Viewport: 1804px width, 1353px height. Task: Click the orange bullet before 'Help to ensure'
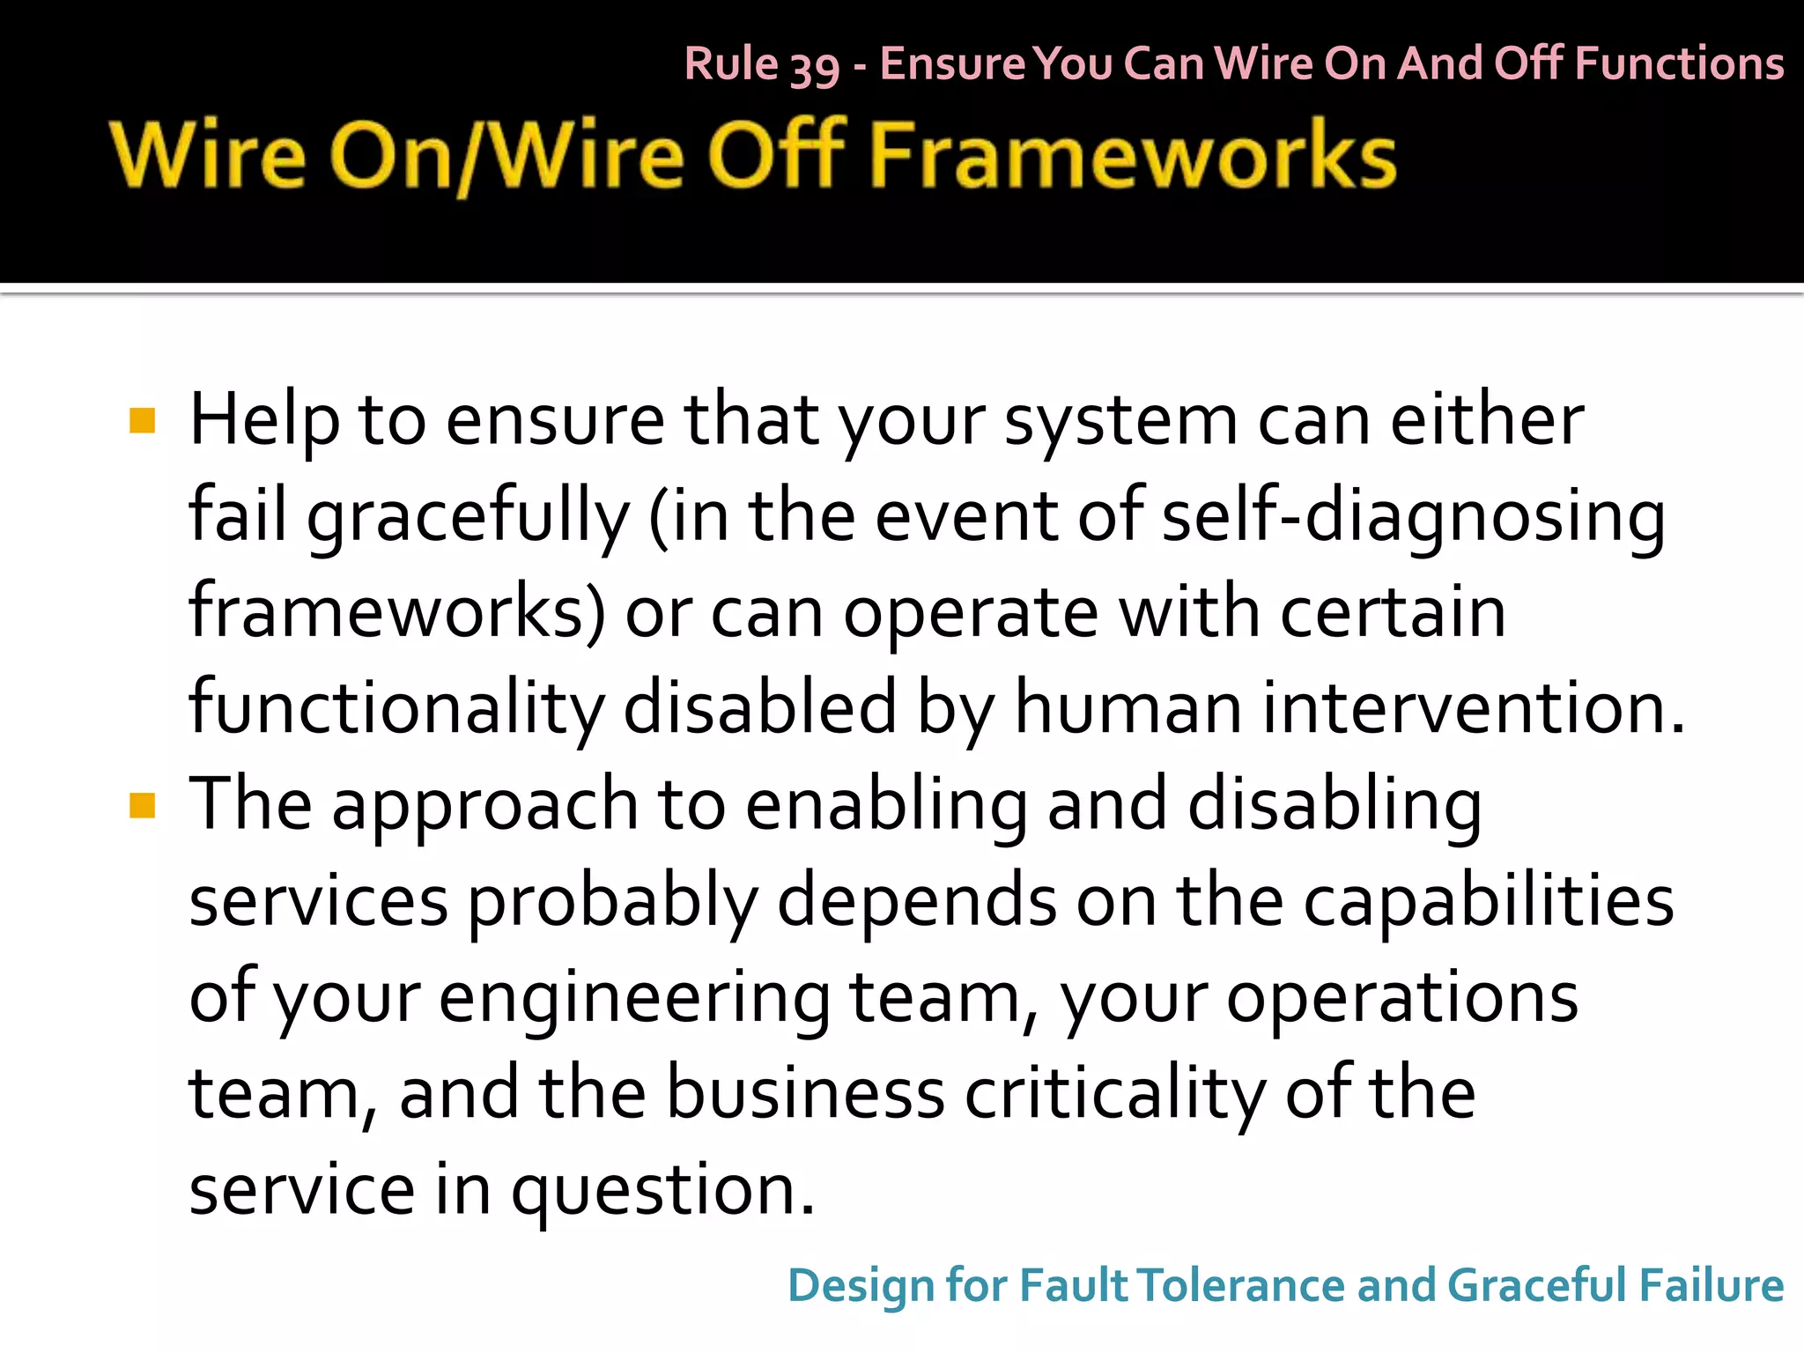pyautogui.click(x=142, y=421)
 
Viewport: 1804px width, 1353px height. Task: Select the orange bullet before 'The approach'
pyautogui.click(x=142, y=805)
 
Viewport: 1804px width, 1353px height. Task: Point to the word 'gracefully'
pyautogui.click(x=468, y=518)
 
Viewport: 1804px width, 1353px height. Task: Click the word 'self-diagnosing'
pyautogui.click(x=1413, y=518)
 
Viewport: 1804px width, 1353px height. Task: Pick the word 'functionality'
pyautogui.click(x=396, y=709)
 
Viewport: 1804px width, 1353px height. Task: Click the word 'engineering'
pyautogui.click(x=634, y=999)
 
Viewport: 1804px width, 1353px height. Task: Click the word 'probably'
pyautogui.click(x=612, y=904)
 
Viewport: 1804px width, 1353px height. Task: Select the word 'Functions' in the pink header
pyautogui.click(x=1679, y=64)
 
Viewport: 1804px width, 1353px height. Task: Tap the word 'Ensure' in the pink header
pyautogui.click(x=952, y=64)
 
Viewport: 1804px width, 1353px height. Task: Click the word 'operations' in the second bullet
pyautogui.click(x=1401, y=999)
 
